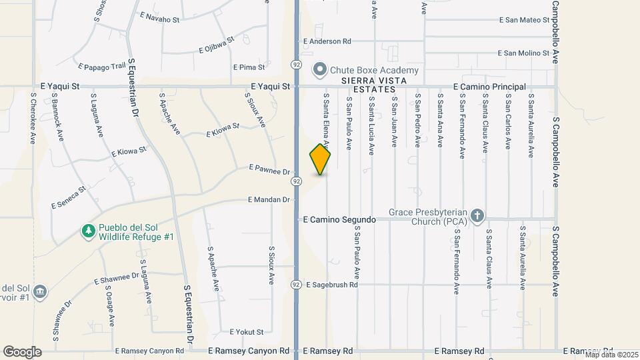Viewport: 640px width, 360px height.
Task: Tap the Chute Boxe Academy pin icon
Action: [x=319, y=69]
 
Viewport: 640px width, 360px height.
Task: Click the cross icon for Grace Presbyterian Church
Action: [x=477, y=215]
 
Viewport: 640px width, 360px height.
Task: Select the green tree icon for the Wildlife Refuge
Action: [x=88, y=231]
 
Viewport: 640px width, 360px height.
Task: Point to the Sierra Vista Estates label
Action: [x=369, y=85]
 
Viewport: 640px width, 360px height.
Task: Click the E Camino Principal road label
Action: [x=489, y=87]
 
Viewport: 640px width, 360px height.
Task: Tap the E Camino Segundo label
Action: [x=336, y=219]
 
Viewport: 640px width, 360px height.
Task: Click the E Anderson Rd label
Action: [x=327, y=41]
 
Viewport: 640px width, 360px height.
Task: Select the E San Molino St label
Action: [x=523, y=53]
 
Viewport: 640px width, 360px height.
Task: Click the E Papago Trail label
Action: [x=102, y=67]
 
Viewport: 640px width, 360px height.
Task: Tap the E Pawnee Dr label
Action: [x=270, y=171]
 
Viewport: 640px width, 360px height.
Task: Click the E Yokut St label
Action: [x=247, y=332]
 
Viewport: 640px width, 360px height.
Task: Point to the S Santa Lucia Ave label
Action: [x=371, y=121]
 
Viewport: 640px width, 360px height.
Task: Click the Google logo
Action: [x=22, y=351]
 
